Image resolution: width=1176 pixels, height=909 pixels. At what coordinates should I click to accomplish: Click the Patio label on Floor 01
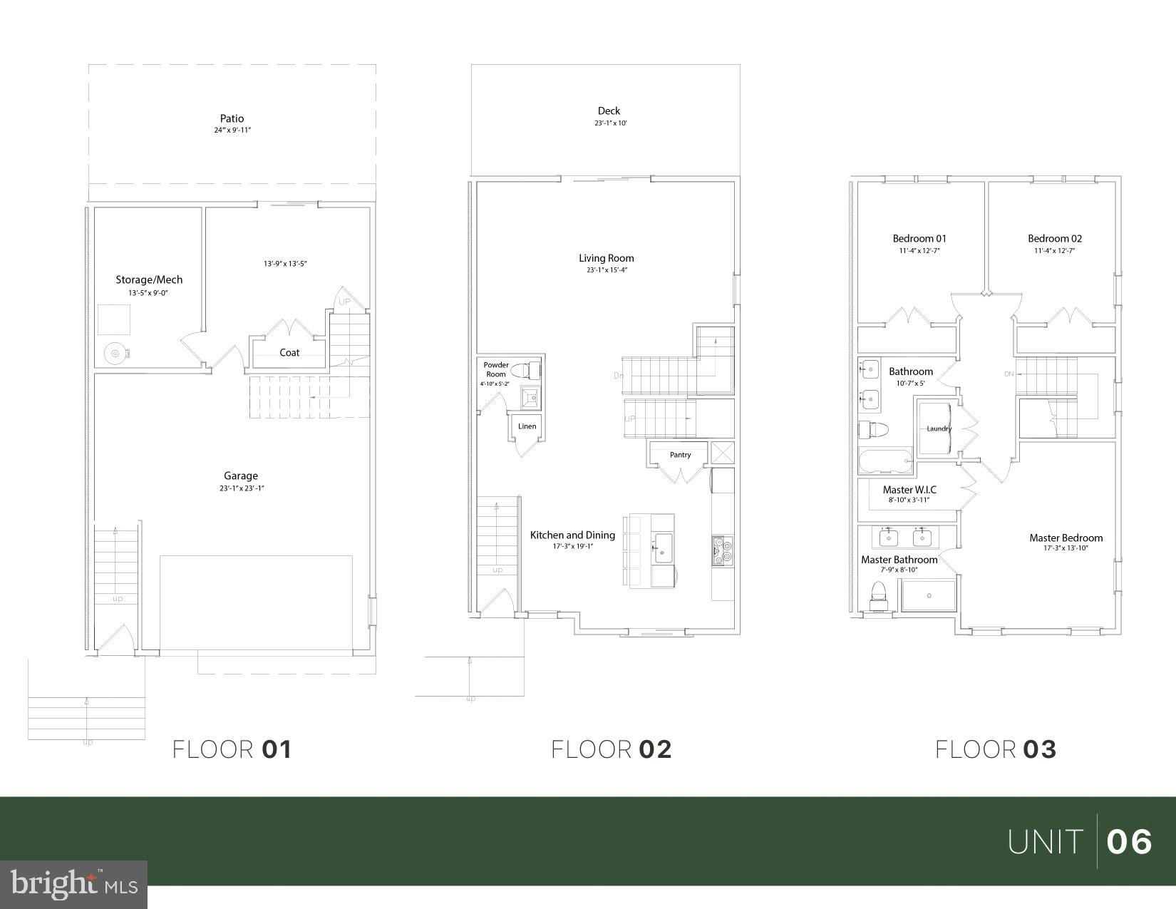point(232,118)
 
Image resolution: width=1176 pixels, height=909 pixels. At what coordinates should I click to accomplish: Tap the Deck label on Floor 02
point(609,111)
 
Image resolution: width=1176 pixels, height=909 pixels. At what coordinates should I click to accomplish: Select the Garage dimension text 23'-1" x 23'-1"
point(242,488)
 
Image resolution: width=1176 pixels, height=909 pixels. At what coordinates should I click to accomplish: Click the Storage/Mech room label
point(149,279)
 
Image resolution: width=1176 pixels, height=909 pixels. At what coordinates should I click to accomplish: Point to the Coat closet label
point(289,352)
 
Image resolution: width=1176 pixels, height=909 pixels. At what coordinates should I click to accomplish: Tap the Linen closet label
point(527,426)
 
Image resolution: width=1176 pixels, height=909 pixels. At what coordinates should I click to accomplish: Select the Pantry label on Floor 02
point(680,455)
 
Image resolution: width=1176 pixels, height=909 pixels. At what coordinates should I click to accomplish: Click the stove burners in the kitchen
point(718,550)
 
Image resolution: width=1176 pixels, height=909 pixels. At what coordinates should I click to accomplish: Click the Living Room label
point(606,258)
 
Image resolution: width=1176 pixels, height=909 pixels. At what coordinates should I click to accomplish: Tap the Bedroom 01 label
point(919,238)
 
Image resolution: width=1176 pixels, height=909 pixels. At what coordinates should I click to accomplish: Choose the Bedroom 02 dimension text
point(1054,251)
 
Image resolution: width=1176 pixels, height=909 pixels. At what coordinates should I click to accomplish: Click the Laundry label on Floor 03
point(939,428)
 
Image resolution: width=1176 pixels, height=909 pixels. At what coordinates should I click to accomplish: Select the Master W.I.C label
point(909,490)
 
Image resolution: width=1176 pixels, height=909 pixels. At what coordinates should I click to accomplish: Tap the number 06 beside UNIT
point(1129,842)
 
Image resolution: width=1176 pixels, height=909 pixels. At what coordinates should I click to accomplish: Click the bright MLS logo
point(74,884)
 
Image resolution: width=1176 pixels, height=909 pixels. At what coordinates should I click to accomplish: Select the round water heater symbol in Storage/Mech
point(114,352)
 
